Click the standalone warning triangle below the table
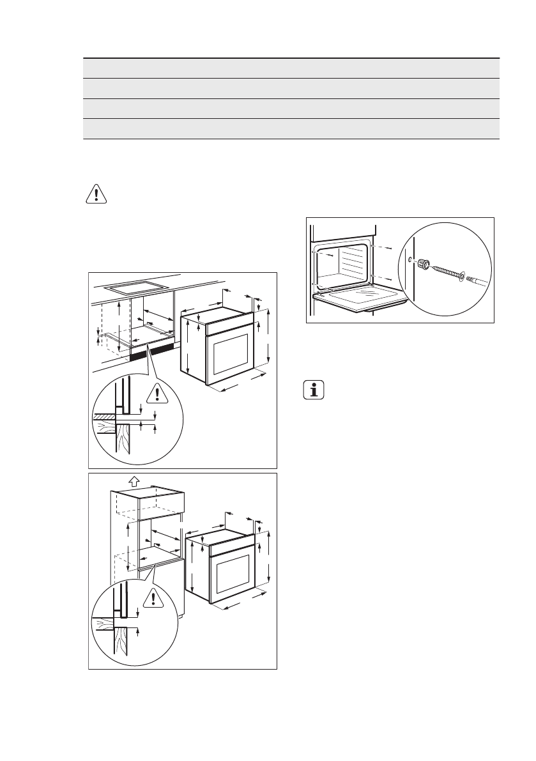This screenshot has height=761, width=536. [96, 194]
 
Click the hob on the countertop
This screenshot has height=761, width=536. [130, 288]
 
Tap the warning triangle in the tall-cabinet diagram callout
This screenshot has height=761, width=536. [152, 598]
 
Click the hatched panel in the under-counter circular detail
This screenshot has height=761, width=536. [106, 417]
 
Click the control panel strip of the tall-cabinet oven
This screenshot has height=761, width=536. [230, 545]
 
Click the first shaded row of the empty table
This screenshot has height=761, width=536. [291, 68]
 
